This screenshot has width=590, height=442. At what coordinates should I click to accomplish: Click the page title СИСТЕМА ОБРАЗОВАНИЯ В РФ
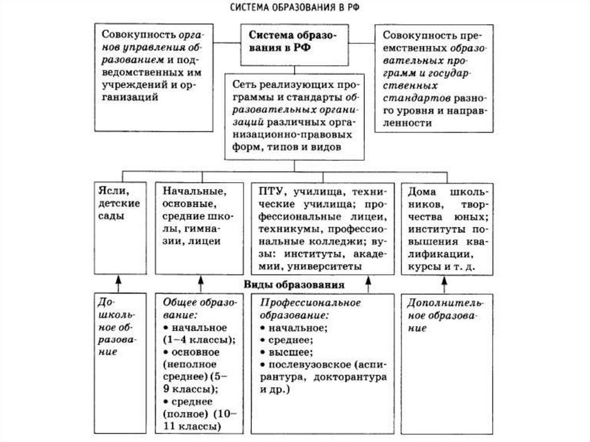coord(294,9)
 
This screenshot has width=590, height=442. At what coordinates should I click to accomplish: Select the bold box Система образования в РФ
coord(293,43)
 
